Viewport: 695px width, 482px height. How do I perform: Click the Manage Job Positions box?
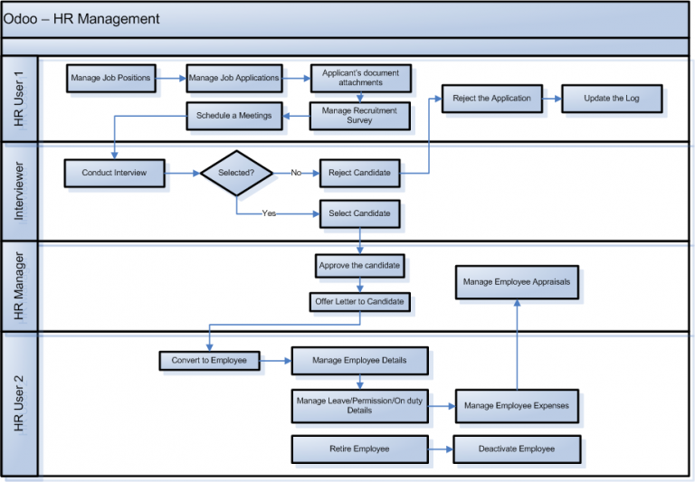(x=110, y=78)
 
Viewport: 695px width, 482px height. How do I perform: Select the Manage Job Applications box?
(x=233, y=78)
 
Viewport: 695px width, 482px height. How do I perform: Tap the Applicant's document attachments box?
(x=360, y=78)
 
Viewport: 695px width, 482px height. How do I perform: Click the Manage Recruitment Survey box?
(x=359, y=115)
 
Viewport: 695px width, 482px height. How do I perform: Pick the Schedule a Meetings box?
(x=233, y=115)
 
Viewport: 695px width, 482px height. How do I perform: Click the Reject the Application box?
(x=492, y=98)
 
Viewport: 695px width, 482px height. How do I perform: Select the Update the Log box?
(x=612, y=98)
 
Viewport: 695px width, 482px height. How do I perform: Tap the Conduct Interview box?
(x=114, y=173)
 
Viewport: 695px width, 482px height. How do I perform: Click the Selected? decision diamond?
(x=236, y=173)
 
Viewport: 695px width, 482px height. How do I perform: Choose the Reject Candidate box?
(x=359, y=173)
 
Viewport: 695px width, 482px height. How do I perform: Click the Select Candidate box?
(x=359, y=213)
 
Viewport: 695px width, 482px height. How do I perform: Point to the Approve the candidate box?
(x=359, y=266)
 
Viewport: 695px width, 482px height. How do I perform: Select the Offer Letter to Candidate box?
(x=359, y=301)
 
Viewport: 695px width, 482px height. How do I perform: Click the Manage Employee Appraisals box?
(x=517, y=282)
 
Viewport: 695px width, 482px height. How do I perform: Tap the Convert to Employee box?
(x=209, y=360)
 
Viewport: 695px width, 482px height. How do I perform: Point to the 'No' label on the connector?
(x=296, y=173)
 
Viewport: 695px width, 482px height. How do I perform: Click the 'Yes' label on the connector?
(x=269, y=213)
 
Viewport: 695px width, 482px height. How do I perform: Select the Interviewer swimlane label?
(x=19, y=191)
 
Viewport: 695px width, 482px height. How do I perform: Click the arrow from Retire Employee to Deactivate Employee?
(x=440, y=449)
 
